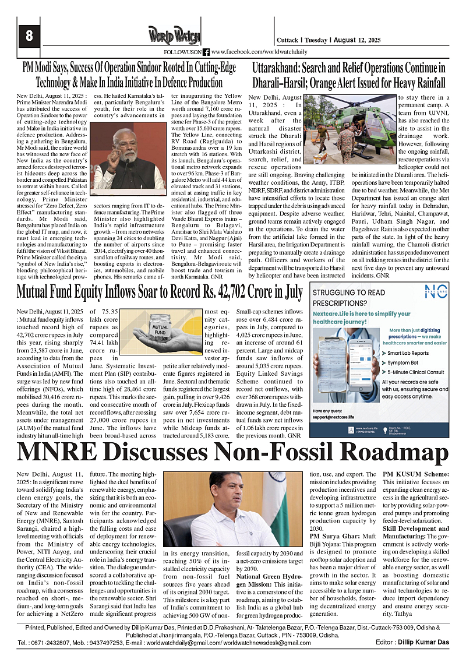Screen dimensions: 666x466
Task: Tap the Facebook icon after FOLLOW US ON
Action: (x=206, y=52)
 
